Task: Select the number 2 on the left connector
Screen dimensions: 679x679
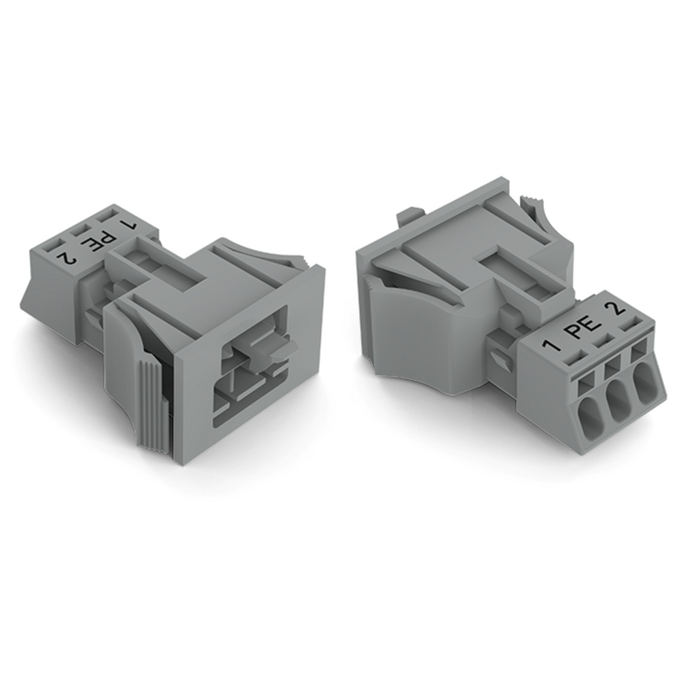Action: point(65,257)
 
